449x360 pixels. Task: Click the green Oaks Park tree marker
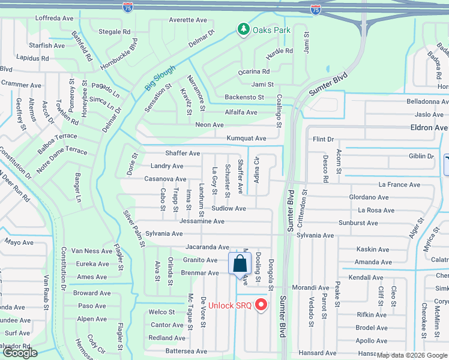pyautogui.click(x=243, y=29)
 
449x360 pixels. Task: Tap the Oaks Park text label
pyautogui.click(x=272, y=30)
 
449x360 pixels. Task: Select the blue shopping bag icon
pyautogui.click(x=240, y=263)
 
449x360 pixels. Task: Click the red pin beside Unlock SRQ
pyautogui.click(x=261, y=305)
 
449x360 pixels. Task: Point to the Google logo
pyautogui.click(x=20, y=353)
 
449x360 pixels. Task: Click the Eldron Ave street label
pyautogui.click(x=429, y=128)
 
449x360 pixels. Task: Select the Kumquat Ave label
pyautogui.click(x=246, y=139)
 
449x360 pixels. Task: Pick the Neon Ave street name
pyautogui.click(x=209, y=125)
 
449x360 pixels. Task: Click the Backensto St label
pyautogui.click(x=244, y=97)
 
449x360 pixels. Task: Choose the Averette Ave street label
pyautogui.click(x=188, y=20)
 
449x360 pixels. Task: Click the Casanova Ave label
pyautogui.click(x=165, y=179)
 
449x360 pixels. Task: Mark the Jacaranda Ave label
pyautogui.click(x=207, y=247)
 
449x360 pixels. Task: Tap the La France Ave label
pyautogui.click(x=378, y=185)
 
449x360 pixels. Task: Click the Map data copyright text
pyautogui.click(x=412, y=355)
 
